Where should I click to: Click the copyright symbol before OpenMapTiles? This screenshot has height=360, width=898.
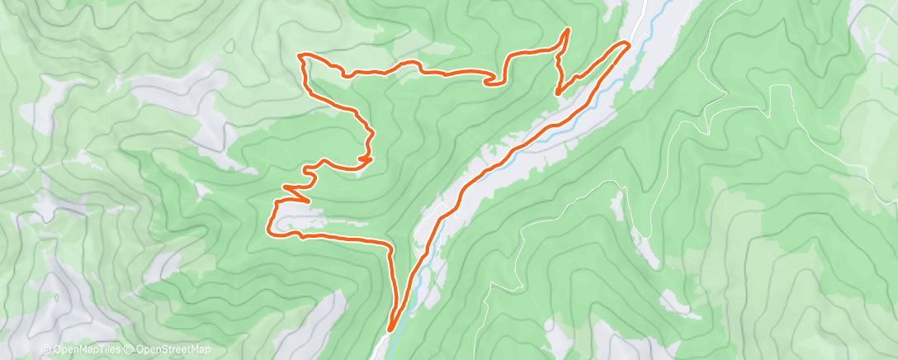point(45,349)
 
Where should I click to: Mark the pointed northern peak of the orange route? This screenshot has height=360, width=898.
point(568,31)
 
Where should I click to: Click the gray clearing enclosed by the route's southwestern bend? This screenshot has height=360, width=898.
point(297,223)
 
